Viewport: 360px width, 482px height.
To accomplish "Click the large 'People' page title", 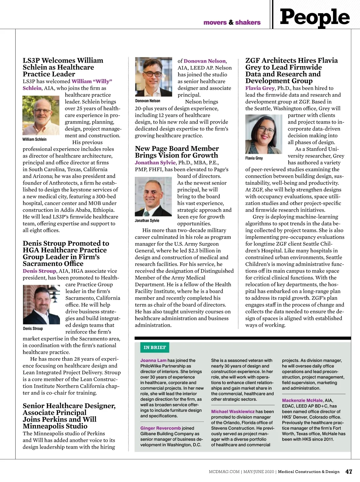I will (314, 17).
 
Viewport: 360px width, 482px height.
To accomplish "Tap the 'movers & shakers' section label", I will (232, 23).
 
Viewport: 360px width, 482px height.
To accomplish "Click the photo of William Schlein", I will (41, 116).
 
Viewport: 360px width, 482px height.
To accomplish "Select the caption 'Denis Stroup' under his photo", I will (33, 329).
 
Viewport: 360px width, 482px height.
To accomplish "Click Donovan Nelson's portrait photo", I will (154, 77).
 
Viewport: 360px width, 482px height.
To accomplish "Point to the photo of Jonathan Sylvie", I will (153, 197).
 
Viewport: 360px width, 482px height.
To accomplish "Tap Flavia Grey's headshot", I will (264, 134).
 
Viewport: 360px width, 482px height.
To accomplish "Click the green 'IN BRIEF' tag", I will (154, 348).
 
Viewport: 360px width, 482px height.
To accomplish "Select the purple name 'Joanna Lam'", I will (153, 360).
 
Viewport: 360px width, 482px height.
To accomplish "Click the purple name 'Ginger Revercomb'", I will (160, 428).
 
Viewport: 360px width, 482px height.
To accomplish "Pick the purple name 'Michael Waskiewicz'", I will (233, 412).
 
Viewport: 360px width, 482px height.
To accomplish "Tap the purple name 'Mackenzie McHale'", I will (302, 400).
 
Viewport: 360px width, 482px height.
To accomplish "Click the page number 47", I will (349, 472).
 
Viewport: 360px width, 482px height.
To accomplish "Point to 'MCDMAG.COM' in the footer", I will (224, 472).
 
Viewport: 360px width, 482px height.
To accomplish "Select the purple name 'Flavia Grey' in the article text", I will (260, 88).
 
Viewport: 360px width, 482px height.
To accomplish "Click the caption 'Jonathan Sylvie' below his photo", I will (147, 221).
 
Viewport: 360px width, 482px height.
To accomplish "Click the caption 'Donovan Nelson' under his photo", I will (148, 101).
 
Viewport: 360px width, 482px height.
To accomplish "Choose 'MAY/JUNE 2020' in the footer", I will (259, 472).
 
